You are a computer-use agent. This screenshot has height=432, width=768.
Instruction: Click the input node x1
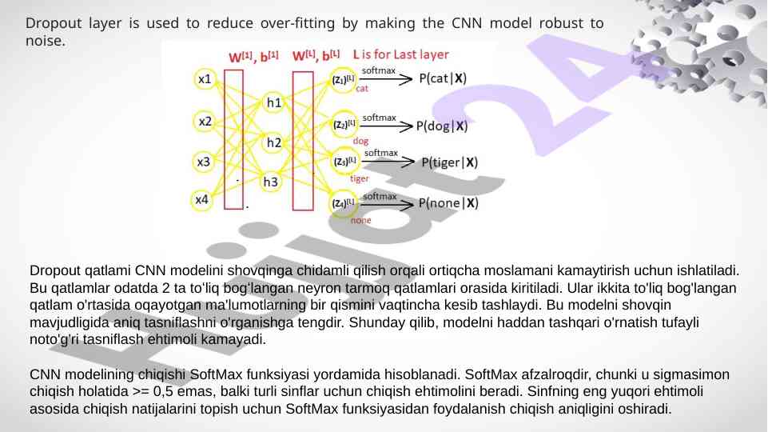(205, 79)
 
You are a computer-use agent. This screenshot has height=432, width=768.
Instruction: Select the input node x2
(205, 122)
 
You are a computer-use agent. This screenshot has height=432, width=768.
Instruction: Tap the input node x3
(205, 162)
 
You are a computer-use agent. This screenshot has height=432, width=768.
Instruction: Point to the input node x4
(204, 199)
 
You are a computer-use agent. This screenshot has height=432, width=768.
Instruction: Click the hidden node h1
(274, 102)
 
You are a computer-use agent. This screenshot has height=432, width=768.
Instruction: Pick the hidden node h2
(274, 143)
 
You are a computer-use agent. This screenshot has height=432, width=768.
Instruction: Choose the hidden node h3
(271, 182)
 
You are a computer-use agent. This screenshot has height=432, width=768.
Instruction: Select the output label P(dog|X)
(442, 126)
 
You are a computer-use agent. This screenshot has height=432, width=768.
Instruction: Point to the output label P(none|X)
(448, 203)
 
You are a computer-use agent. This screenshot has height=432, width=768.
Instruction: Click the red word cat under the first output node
(362, 90)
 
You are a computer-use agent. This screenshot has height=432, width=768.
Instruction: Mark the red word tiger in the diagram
(360, 179)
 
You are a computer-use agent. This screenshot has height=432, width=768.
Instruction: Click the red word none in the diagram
(360, 220)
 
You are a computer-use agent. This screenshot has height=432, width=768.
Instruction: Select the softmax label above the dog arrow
(379, 118)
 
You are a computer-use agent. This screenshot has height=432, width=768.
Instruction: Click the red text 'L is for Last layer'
(400, 55)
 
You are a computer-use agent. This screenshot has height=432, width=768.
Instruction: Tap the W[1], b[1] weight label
(253, 56)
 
